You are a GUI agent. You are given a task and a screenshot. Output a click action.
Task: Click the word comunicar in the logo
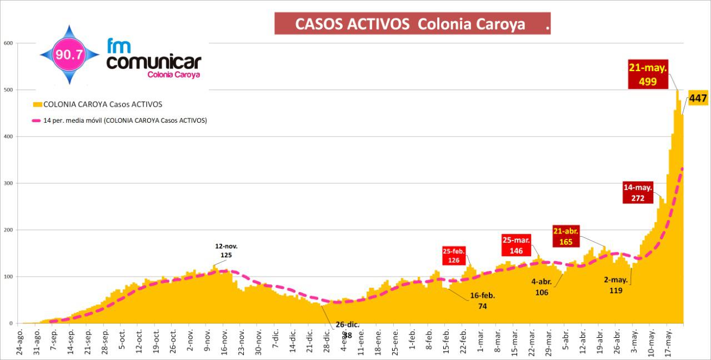pos(153,62)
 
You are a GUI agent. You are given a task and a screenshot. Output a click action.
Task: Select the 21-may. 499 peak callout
pos(648,74)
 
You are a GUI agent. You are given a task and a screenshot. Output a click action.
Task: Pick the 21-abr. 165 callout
pos(565,237)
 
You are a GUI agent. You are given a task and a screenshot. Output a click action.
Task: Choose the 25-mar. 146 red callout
pos(517,245)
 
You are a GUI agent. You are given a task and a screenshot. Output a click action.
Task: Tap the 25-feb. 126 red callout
pos(454,256)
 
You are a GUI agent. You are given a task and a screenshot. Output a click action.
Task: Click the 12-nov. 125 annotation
pos(226,251)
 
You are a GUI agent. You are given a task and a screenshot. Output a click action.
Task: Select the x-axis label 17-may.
pos(669,342)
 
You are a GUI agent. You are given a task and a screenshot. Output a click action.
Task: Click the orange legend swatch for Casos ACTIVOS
pos(38,104)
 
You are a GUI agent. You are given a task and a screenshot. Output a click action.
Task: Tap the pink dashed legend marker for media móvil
pos(37,121)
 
